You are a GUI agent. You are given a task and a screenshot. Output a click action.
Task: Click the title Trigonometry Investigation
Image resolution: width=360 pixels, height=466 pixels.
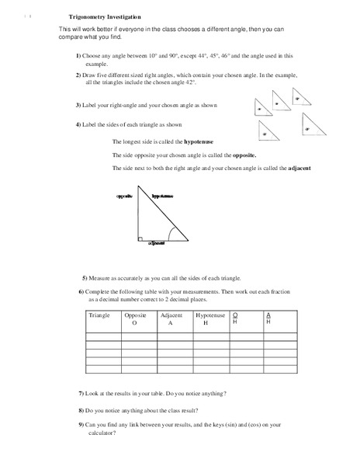(100, 16)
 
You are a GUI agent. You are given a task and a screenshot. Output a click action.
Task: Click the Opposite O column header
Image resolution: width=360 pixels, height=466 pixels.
(135, 319)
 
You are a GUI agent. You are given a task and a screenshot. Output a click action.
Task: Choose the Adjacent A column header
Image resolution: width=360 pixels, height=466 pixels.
(171, 319)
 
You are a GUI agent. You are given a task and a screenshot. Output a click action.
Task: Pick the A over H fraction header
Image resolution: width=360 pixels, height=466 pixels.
(268, 318)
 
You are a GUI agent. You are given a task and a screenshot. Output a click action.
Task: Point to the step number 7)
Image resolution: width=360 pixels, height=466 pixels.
(82, 395)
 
